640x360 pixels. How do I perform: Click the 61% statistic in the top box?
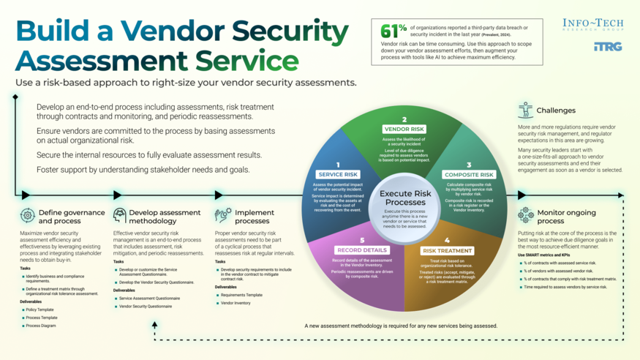pyautogui.click(x=394, y=31)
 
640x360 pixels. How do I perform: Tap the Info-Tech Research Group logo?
pyautogui.click(x=592, y=26)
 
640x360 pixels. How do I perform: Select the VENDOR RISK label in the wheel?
pyautogui.click(x=404, y=129)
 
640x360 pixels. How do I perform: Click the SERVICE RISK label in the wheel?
pyautogui.click(x=337, y=174)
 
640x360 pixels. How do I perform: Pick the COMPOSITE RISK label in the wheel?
pyautogui.click(x=470, y=174)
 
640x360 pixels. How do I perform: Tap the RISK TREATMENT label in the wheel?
pyautogui.click(x=447, y=250)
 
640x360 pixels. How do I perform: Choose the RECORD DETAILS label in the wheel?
pyautogui.click(x=361, y=250)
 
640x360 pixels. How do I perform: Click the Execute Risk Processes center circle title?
pyautogui.click(x=404, y=198)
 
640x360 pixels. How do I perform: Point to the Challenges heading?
pyautogui.click(x=556, y=110)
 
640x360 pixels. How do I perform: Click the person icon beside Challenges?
pyautogui.click(x=525, y=110)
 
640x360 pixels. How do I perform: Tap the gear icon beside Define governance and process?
pyautogui.click(x=28, y=216)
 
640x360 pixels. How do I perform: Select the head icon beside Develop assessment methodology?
pyautogui.click(x=120, y=216)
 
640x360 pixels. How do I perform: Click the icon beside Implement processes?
pyautogui.click(x=222, y=215)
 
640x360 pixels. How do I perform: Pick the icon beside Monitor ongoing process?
pyautogui.click(x=525, y=215)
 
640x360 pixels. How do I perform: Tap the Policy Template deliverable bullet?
pyautogui.click(x=39, y=310)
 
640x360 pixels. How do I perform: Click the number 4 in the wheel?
pyautogui.click(x=447, y=240)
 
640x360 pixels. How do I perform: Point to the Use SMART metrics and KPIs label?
pyautogui.click(x=543, y=254)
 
